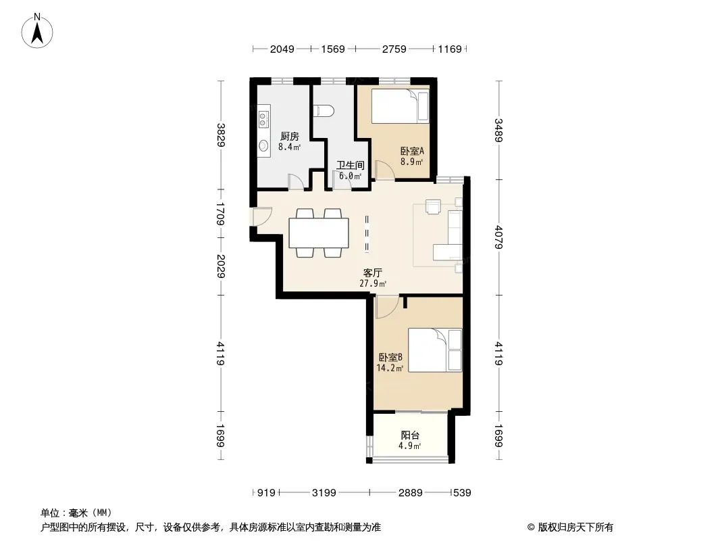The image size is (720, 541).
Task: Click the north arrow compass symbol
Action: point(37,31)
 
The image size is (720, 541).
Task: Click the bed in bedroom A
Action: point(400,106)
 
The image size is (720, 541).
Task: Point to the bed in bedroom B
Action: point(435,350)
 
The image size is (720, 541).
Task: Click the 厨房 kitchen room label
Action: point(290,136)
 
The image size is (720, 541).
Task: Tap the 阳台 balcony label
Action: point(410,435)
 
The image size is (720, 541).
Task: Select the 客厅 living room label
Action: point(372,273)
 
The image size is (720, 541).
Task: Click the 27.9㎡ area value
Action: point(373,283)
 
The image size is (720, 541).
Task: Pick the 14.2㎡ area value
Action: point(390,368)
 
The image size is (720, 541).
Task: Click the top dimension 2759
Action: point(394,49)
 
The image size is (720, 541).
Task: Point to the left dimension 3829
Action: point(221,135)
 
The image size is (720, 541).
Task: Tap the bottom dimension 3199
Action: point(324,493)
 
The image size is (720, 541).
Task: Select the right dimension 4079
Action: point(498,236)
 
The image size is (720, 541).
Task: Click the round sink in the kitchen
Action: point(263,145)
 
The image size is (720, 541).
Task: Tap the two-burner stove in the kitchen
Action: point(263,118)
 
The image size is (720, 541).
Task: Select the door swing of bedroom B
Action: point(386,307)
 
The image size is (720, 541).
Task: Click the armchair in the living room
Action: point(433,207)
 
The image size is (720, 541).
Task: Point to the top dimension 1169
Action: point(450,49)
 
